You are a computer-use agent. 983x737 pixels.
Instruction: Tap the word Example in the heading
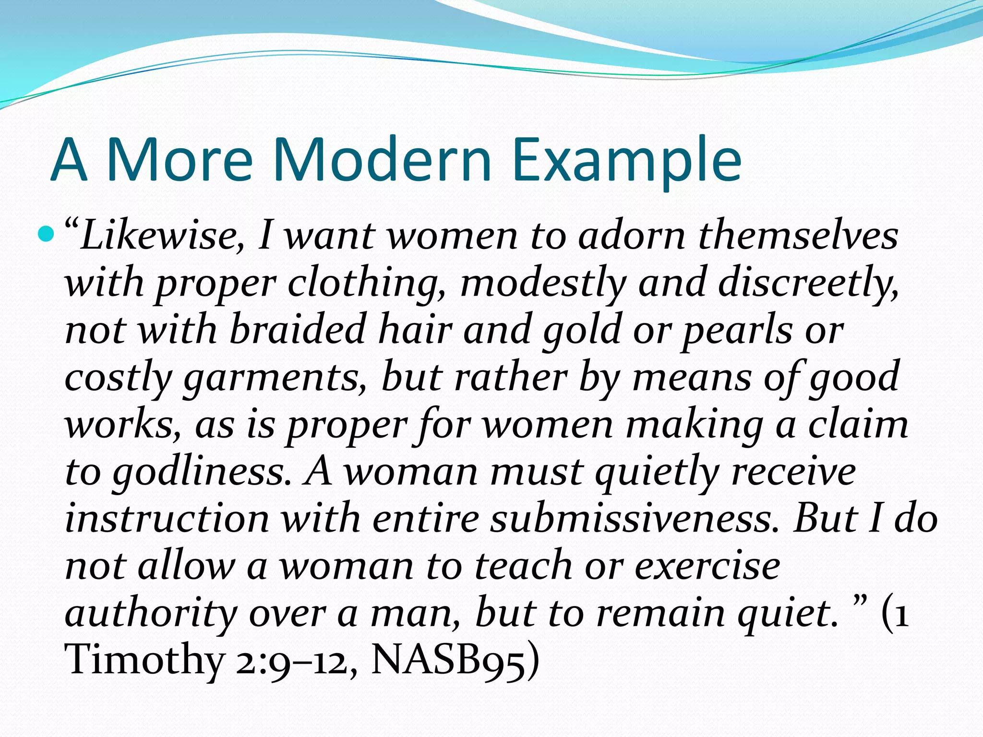tap(626, 161)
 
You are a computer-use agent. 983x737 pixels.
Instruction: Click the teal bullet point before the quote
tap(47, 235)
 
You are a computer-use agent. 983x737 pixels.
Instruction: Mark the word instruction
tap(167, 519)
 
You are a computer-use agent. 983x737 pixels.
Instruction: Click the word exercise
tap(707, 566)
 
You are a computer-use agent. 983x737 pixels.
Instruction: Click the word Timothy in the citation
tap(144, 661)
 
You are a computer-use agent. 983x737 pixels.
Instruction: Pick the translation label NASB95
tap(449, 661)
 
